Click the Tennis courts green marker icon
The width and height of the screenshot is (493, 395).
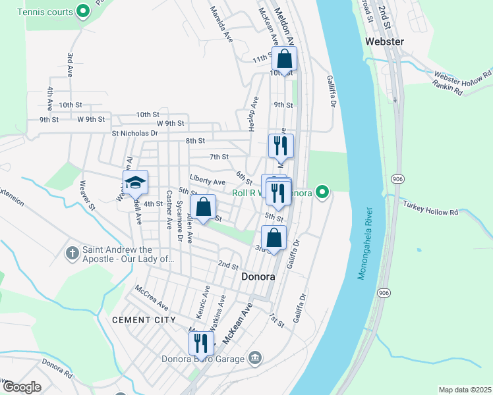pyautogui.click(x=83, y=11)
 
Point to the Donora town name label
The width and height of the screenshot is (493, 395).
pyautogui.click(x=258, y=276)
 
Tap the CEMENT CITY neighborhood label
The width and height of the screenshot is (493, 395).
pyautogui.click(x=144, y=320)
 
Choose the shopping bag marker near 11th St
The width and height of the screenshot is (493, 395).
pyautogui.click(x=285, y=59)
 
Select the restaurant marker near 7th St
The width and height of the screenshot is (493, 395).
pyautogui.click(x=281, y=145)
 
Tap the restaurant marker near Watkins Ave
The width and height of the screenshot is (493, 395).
pyautogui.click(x=201, y=343)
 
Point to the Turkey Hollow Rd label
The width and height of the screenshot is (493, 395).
pyautogui.click(x=435, y=212)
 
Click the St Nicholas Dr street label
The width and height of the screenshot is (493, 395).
pyautogui.click(x=134, y=133)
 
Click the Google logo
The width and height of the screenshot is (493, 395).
pyautogui.click(x=21, y=387)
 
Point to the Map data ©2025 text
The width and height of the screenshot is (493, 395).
pyautogui.click(x=465, y=390)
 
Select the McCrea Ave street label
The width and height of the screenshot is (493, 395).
pyautogui.click(x=152, y=298)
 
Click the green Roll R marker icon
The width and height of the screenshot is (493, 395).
pyautogui.click(x=322, y=193)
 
